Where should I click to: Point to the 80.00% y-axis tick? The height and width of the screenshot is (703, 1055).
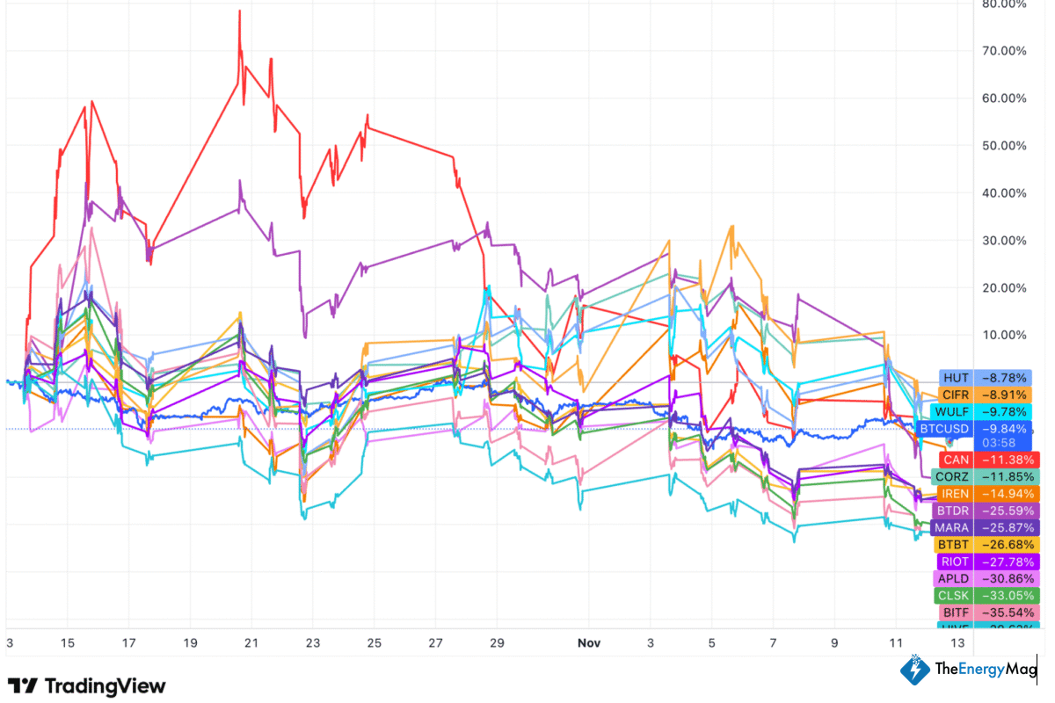1004,4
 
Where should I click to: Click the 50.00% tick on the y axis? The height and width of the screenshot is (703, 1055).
1004,146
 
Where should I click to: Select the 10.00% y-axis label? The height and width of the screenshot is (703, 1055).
1004,336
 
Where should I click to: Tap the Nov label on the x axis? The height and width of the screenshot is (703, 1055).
589,643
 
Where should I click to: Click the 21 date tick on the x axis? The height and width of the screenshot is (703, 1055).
251,643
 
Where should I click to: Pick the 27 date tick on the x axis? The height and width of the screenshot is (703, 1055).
435,643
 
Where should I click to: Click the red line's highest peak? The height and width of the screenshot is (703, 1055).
239,11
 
